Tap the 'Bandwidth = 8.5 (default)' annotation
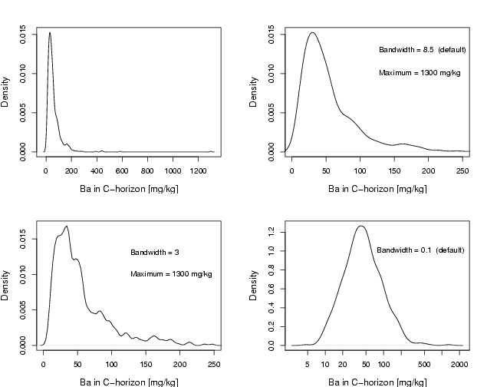(x=422, y=50)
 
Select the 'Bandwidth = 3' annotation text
(x=154, y=252)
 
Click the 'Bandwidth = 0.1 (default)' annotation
(x=420, y=250)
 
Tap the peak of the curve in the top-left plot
(x=50, y=32)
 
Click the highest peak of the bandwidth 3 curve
(x=67, y=227)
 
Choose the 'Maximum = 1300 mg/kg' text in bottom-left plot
(x=171, y=274)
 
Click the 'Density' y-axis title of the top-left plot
(x=6, y=91)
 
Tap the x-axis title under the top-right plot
(x=377, y=188)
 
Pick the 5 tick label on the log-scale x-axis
(x=308, y=365)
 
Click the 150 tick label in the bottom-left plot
(x=146, y=365)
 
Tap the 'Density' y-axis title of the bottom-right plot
(x=255, y=286)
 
